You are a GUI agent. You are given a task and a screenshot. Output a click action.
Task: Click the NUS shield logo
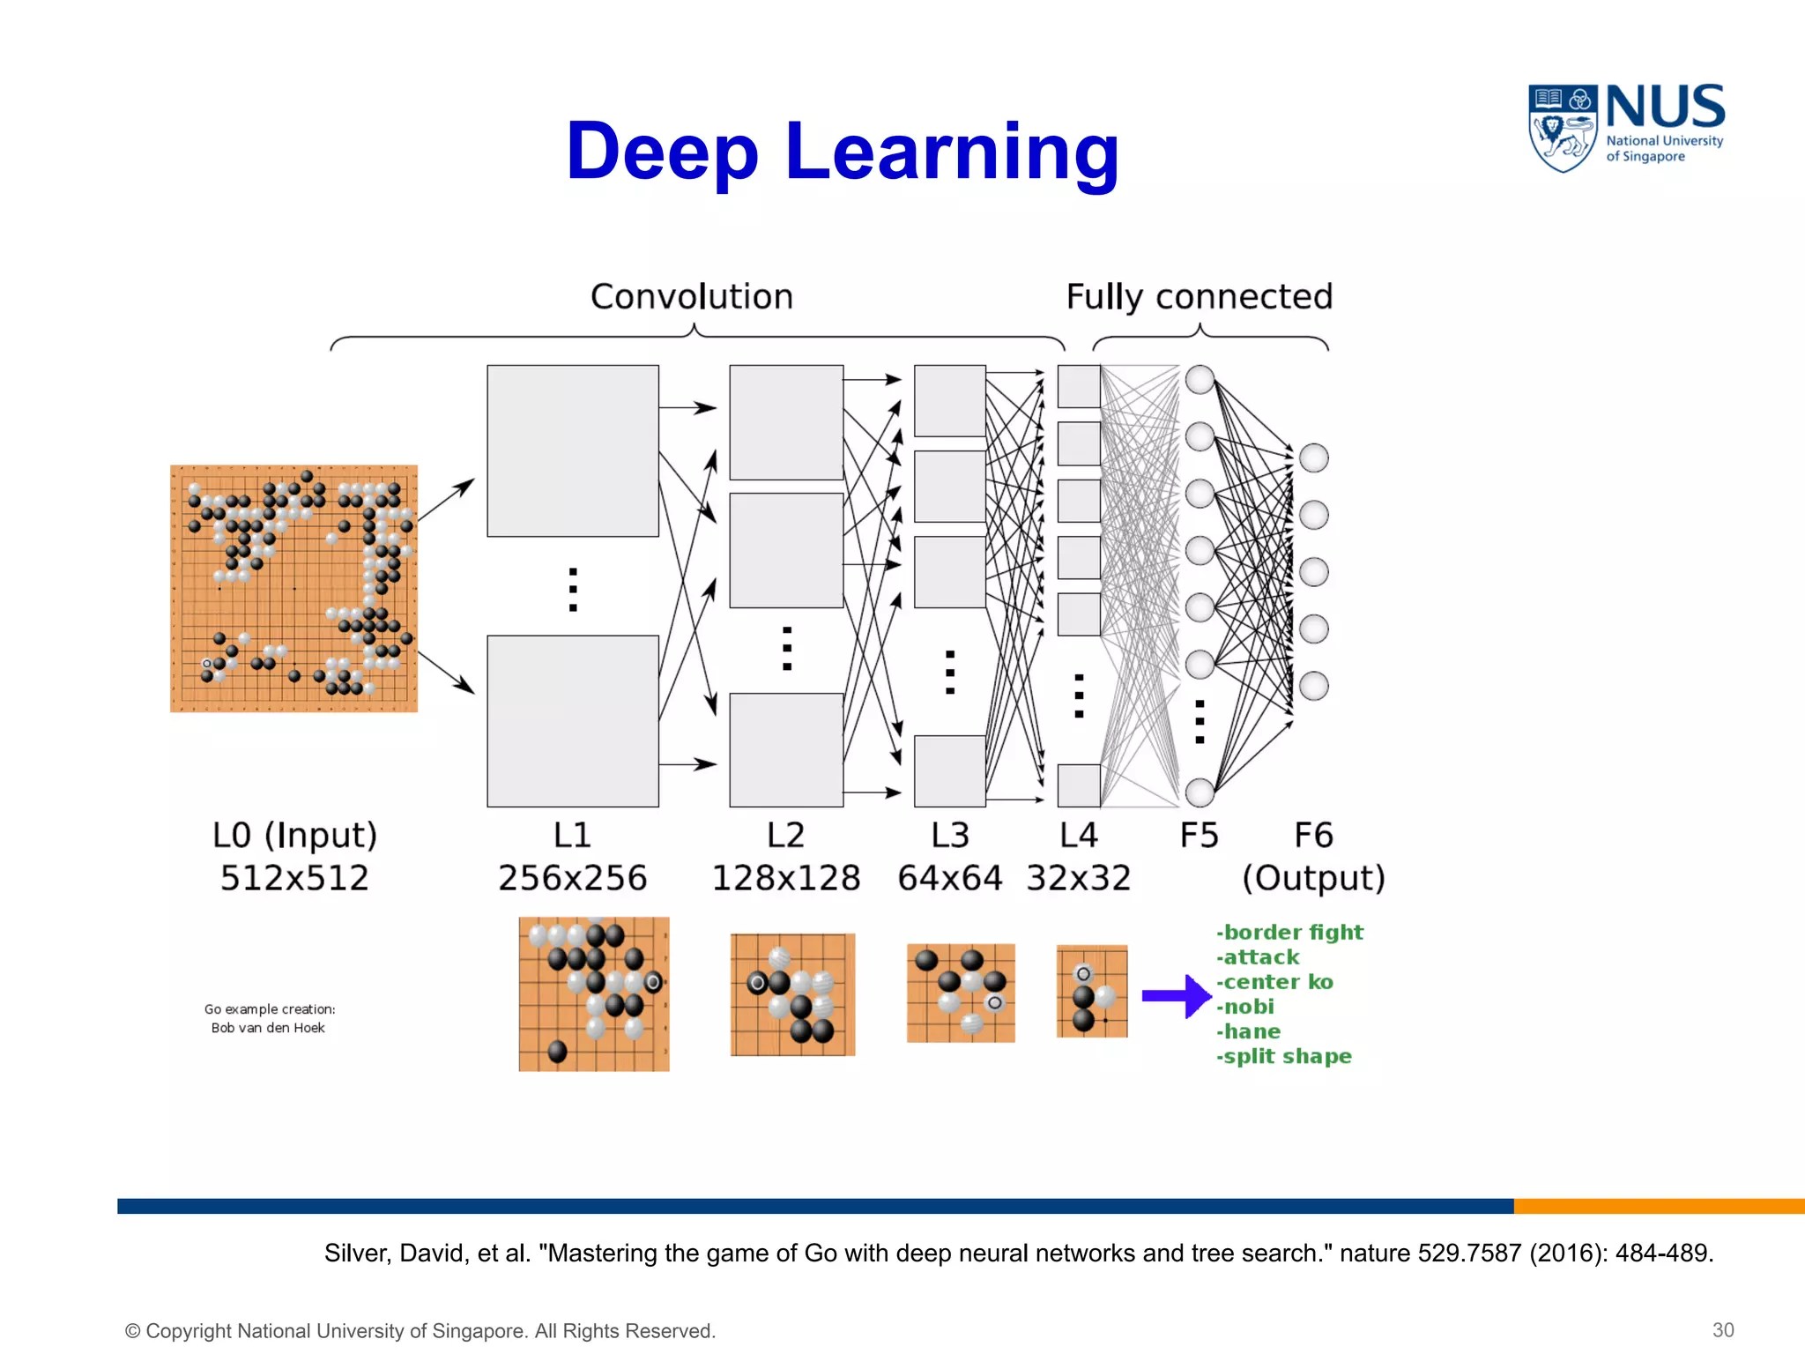(x=1562, y=127)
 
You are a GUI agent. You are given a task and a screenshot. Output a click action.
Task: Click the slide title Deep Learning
(x=842, y=152)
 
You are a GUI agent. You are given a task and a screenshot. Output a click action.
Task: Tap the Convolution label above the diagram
(x=692, y=297)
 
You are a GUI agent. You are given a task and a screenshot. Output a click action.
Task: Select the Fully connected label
(x=1199, y=297)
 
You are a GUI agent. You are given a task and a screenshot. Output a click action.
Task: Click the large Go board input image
(x=293, y=588)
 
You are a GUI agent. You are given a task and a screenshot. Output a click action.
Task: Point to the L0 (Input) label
(x=294, y=835)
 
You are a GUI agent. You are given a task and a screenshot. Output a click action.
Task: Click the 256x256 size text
(x=573, y=878)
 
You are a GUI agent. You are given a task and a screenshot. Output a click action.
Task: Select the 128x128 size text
(x=785, y=878)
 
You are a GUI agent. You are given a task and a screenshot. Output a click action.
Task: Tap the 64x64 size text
(x=949, y=878)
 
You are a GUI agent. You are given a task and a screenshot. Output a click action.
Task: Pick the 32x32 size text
(x=1078, y=878)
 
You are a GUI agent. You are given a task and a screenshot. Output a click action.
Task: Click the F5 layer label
(x=1199, y=835)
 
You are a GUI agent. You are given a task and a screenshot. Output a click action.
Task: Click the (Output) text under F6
(x=1313, y=878)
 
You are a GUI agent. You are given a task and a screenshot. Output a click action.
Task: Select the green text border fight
(x=1289, y=933)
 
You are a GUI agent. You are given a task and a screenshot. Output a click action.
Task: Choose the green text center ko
(x=1274, y=982)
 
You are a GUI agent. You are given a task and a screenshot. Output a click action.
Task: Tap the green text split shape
(x=1284, y=1056)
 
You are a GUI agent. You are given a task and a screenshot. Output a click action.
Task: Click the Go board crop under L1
(x=594, y=994)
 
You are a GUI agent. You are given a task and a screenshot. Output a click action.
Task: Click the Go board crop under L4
(x=1092, y=992)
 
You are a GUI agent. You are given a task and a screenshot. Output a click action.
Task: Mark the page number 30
(x=1723, y=1330)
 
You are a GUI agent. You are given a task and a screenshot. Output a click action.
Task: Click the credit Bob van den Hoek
(x=268, y=1028)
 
